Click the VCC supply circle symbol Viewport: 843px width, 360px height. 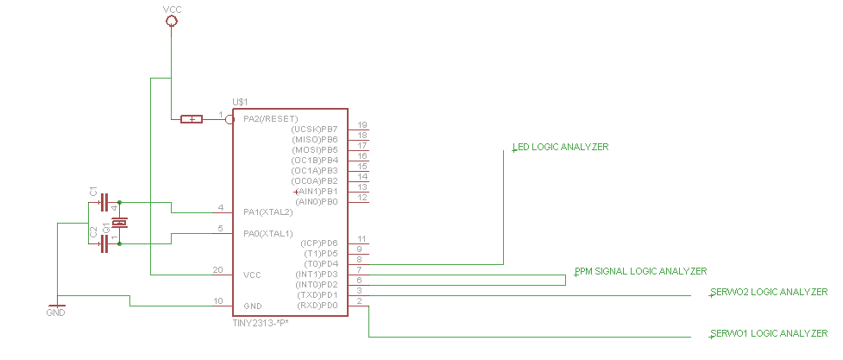click(171, 21)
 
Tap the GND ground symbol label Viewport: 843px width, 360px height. click(56, 313)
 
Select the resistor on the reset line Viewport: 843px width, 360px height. click(192, 119)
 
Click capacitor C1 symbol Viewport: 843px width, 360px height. click(104, 203)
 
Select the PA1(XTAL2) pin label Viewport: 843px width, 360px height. click(267, 212)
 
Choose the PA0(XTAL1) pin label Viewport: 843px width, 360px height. click(267, 234)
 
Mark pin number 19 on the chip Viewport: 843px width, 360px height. click(362, 125)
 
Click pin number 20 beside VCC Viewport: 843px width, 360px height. click(217, 270)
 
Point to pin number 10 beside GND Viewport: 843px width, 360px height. click(218, 301)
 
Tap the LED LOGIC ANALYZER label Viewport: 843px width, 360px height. click(560, 147)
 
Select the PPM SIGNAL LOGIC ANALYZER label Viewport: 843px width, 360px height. click(641, 271)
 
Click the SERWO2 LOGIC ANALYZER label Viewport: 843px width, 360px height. click(769, 292)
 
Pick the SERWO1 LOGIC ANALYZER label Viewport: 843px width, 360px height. click(769, 333)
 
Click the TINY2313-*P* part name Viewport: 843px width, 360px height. click(261, 322)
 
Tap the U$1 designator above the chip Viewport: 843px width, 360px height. click(240, 102)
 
